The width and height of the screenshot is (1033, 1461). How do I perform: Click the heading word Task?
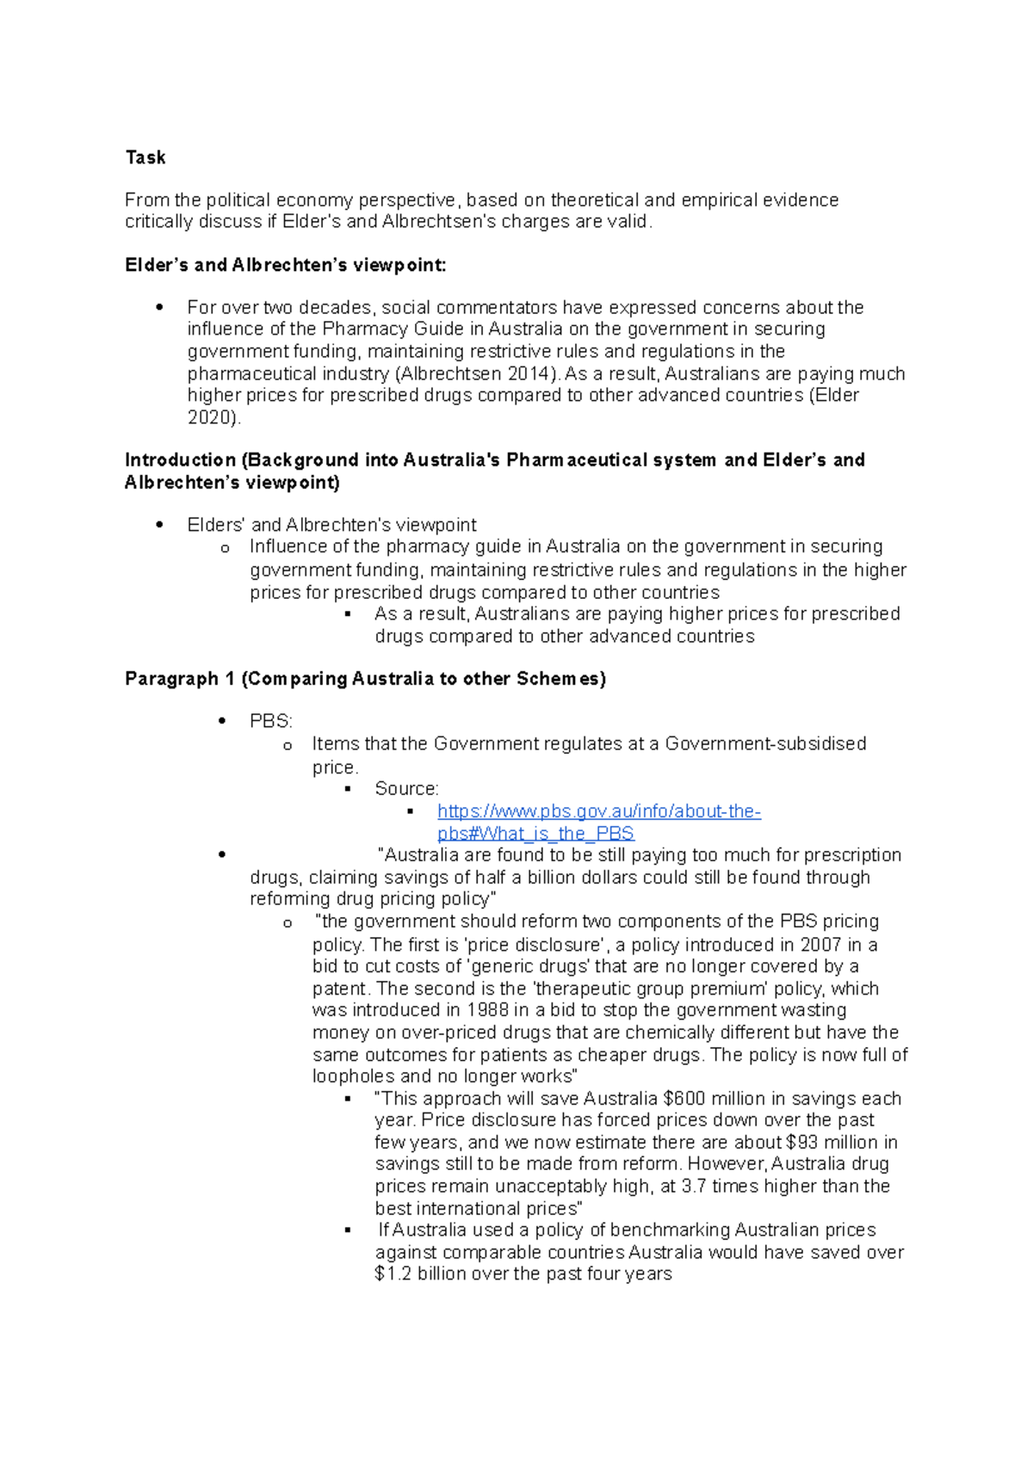[145, 157]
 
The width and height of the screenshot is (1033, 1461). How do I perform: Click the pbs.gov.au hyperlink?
[598, 811]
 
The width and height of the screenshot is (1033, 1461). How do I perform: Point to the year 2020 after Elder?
[211, 417]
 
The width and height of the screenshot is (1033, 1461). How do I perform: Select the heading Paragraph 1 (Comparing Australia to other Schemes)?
[365, 679]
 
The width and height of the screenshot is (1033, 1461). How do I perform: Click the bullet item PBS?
[270, 721]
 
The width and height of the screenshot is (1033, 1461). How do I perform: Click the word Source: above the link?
[406, 789]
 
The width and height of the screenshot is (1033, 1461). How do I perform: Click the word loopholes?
[353, 1076]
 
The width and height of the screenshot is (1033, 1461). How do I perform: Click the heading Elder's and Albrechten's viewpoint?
[286, 265]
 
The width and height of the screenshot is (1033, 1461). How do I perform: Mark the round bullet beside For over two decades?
[159, 308]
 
